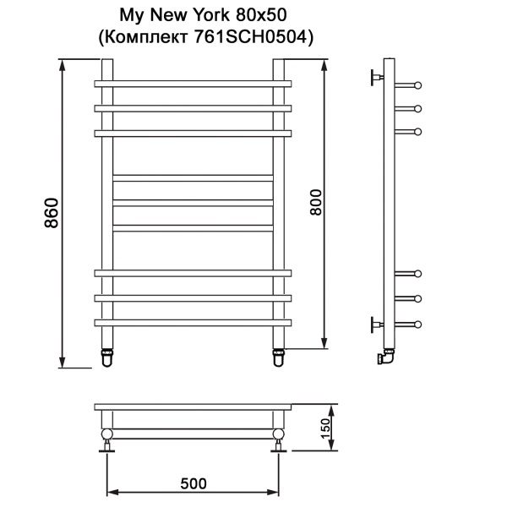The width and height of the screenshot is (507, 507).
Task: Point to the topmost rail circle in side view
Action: coord(417,84)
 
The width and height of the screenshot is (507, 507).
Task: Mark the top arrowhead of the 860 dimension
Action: coord(63,63)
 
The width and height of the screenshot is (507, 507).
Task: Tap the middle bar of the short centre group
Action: coord(194,203)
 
